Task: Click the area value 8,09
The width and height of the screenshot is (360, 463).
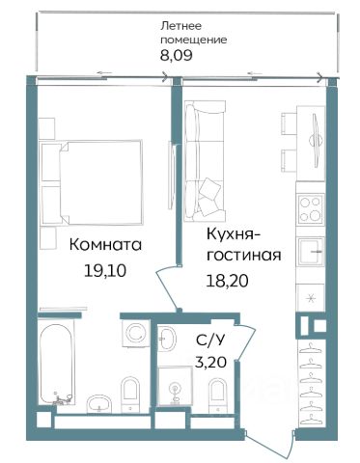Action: tap(177, 55)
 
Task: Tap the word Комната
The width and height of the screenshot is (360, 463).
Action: tap(105, 245)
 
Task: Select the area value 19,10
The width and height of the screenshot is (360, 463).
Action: tap(104, 271)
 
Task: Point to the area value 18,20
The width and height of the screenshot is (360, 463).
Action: tap(227, 281)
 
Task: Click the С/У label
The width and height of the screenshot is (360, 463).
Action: tap(209, 340)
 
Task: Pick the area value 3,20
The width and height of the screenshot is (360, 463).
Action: tap(210, 363)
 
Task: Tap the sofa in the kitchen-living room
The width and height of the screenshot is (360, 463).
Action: tap(205, 161)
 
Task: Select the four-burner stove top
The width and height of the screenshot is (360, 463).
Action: tap(311, 209)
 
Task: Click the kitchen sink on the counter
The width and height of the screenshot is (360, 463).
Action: tap(311, 252)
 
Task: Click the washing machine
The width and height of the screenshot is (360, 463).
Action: tap(136, 334)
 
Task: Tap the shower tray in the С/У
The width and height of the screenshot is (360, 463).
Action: tap(175, 386)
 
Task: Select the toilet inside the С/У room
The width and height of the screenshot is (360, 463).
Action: tap(218, 395)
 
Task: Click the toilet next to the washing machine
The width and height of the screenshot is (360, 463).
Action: tap(130, 395)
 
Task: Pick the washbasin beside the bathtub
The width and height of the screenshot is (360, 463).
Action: tap(99, 403)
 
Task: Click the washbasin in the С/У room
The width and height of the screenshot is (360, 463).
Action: tap(167, 338)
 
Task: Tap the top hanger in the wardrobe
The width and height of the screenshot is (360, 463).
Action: tap(312, 347)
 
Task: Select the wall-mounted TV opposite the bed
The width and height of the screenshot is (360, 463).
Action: tap(172, 177)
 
